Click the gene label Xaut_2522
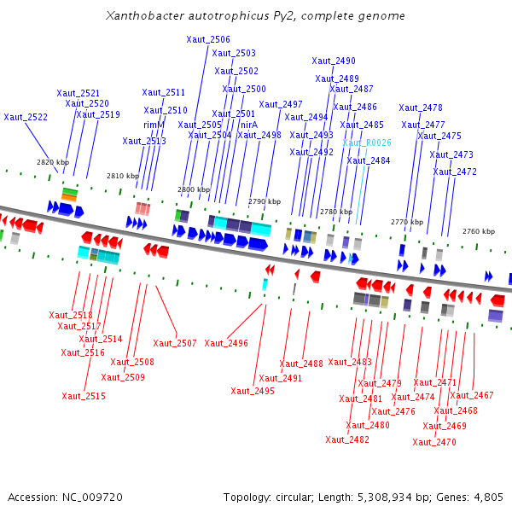click(26, 117)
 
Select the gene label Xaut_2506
click(208, 39)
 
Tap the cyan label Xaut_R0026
click(367, 143)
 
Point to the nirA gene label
click(249, 125)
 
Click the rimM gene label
click(154, 125)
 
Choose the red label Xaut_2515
click(84, 396)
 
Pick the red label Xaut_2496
click(226, 343)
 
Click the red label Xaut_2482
click(347, 439)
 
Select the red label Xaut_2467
click(472, 395)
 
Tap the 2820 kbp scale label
click(52, 161)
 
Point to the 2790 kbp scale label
click(265, 201)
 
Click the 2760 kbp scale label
click(478, 231)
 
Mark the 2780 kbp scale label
click(335, 211)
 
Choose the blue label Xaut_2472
click(455, 172)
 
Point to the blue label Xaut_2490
click(334, 61)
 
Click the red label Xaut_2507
click(175, 343)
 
